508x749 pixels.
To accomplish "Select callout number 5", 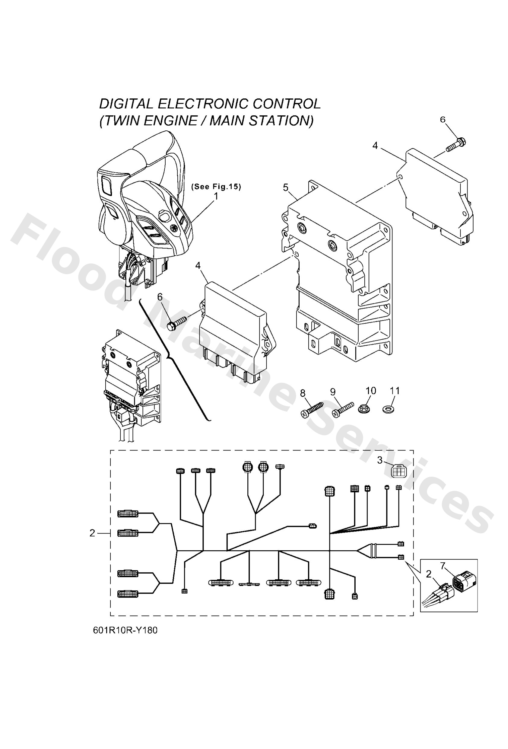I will pyautogui.click(x=286, y=187).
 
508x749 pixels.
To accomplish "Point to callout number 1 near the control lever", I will pyautogui.click(x=216, y=196).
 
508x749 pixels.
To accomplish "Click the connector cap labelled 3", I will pyautogui.click(x=398, y=472).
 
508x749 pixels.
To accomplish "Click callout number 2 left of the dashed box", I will pyautogui.click(x=92, y=533).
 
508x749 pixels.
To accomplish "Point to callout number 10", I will pyautogui.click(x=371, y=391).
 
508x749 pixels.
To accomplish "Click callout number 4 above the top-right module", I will pyautogui.click(x=375, y=146).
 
